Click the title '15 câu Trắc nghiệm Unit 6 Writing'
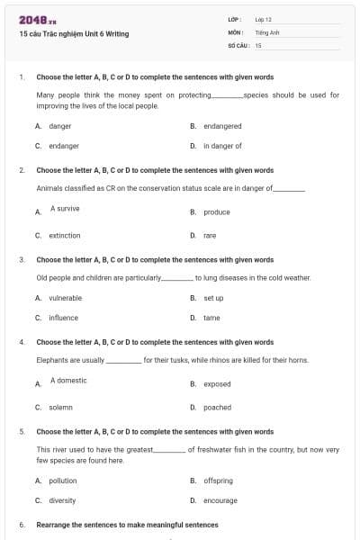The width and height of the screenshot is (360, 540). [74, 34]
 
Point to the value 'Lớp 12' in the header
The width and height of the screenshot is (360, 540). [264, 19]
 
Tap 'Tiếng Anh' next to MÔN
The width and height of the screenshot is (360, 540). [268, 31]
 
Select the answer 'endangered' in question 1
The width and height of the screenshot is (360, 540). [223, 127]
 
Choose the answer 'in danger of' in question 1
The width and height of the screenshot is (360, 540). [222, 145]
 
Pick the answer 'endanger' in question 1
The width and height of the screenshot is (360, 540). [64, 145]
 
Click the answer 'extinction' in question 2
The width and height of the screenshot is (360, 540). [65, 236]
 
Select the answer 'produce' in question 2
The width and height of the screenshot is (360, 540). [217, 212]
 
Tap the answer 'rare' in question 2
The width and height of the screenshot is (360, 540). [210, 236]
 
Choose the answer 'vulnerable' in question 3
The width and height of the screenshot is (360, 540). [66, 298]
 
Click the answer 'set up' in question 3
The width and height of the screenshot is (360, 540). [213, 298]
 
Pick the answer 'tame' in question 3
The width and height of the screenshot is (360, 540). [211, 318]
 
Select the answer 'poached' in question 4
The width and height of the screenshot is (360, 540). [217, 407]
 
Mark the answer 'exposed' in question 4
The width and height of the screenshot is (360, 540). [217, 384]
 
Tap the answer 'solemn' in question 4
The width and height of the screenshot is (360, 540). [61, 407]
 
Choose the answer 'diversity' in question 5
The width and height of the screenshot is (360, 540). [62, 500]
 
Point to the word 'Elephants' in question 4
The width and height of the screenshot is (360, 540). [53, 360]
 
